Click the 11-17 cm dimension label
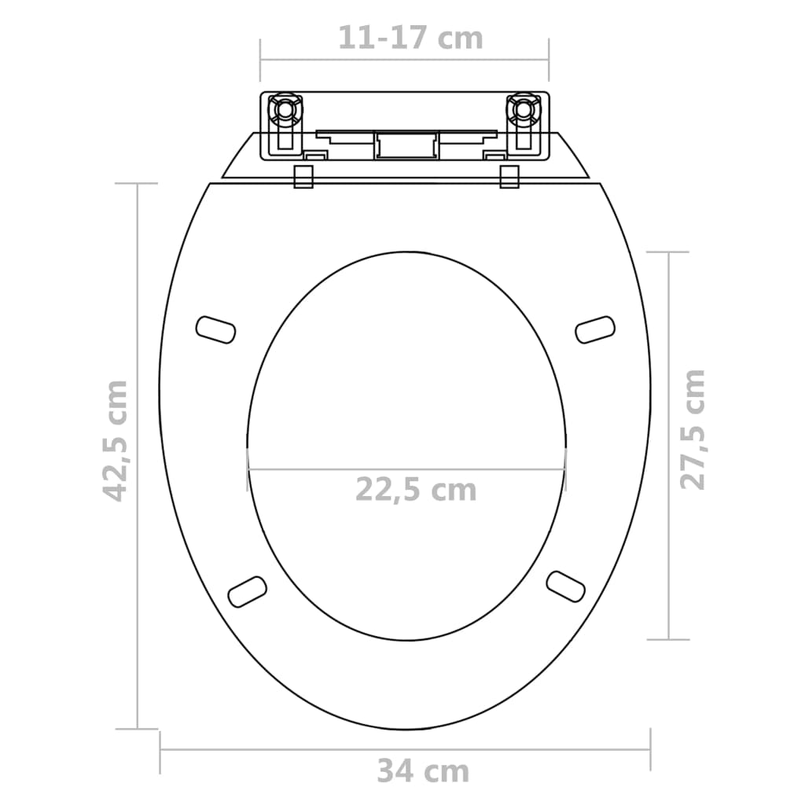click(410, 37)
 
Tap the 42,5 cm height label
click(116, 440)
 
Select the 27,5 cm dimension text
click(693, 429)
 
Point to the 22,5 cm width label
click(416, 489)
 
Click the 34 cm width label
click(422, 771)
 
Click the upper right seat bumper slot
click(595, 329)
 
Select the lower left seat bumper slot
click(247, 591)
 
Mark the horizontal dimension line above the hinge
click(405, 60)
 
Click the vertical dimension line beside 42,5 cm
click(138, 456)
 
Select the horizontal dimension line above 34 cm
click(405, 749)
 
